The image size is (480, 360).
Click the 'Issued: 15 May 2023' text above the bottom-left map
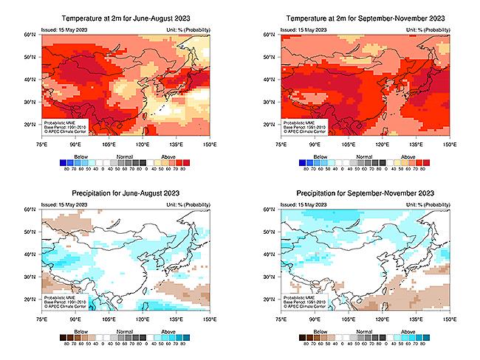tap(66, 205)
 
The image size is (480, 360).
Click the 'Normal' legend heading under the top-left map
tap(124, 156)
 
